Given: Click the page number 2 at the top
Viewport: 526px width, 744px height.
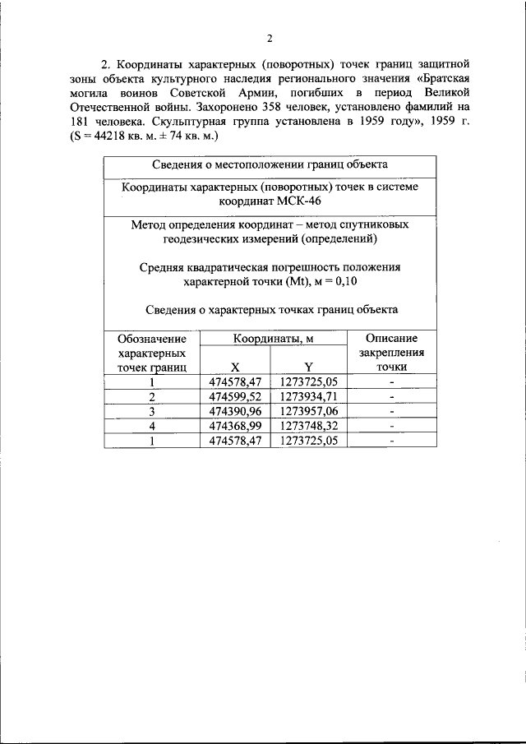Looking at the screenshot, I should coord(270,38).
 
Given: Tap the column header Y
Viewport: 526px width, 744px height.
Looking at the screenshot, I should coord(308,367).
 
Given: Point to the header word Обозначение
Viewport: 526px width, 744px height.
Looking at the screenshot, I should coord(152,339).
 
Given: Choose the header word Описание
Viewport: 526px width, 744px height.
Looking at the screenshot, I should coord(391,339).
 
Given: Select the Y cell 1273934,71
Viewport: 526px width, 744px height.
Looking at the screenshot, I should coord(308,396).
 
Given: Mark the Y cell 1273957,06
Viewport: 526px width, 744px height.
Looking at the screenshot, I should coord(308,411).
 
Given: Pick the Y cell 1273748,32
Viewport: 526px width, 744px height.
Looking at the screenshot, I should coord(308,426).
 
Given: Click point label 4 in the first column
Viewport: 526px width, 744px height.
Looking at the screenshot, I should coord(152,426).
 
